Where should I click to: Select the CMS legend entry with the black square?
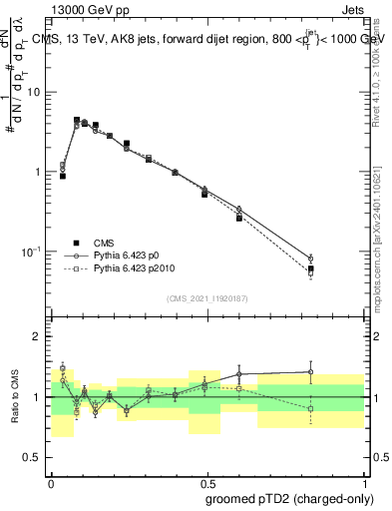(x=104, y=243)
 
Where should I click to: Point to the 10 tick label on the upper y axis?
(x=35, y=93)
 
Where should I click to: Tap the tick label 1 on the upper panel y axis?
(x=38, y=172)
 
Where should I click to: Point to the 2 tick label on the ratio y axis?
(x=38, y=336)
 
